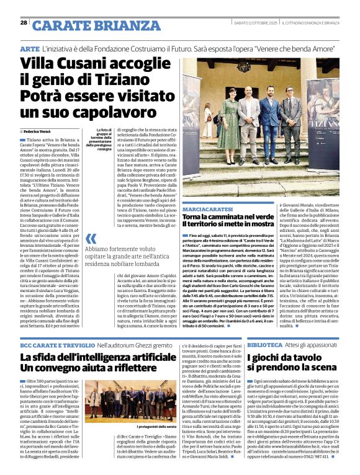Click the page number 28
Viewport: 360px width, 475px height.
point(24,22)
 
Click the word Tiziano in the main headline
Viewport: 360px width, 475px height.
point(147,81)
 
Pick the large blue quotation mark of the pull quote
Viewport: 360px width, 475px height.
point(91,239)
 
